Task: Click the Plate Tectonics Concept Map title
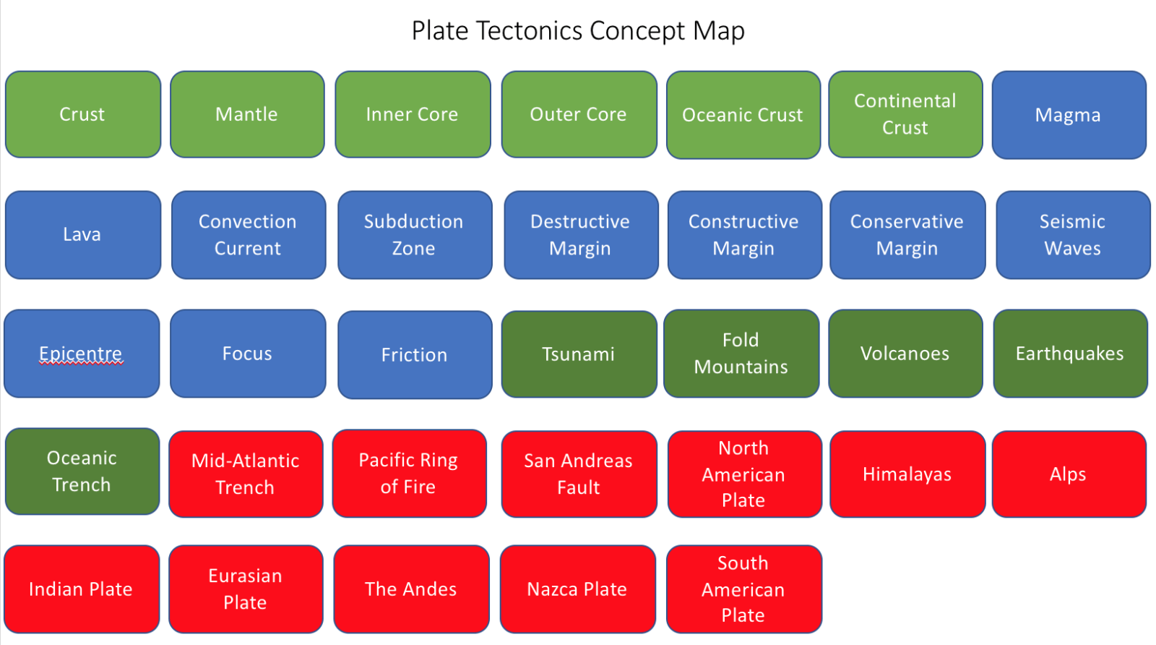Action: [x=578, y=31]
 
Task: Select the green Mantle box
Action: [x=247, y=114]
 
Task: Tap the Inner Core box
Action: [x=413, y=114]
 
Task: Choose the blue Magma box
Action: [x=1069, y=115]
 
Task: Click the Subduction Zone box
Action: [x=414, y=235]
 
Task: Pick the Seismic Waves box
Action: [x=1073, y=235]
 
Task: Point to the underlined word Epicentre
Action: [x=81, y=354]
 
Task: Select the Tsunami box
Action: [x=579, y=354]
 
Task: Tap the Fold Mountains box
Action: [x=741, y=354]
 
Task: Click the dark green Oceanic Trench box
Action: [x=82, y=471]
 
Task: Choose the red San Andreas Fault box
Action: [x=579, y=474]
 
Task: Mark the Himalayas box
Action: [x=907, y=474]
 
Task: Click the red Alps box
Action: [x=1069, y=474]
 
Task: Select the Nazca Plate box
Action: [x=577, y=589]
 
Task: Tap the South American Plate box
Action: [x=743, y=589]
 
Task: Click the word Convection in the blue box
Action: [x=248, y=222]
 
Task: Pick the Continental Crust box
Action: [x=905, y=114]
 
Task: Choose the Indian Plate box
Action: [x=82, y=589]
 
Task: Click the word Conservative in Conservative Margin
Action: [x=907, y=222]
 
